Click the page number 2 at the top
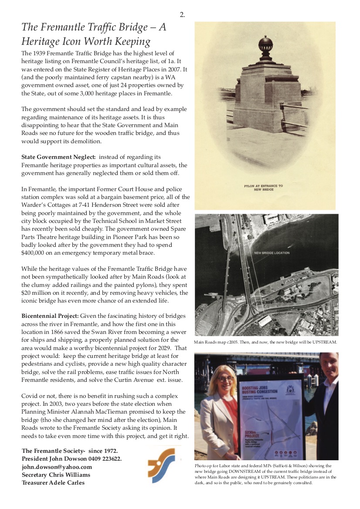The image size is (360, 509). (x=182, y=15)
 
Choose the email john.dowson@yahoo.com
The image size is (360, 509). (x=57, y=466)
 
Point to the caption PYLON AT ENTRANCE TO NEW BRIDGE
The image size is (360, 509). (x=263, y=188)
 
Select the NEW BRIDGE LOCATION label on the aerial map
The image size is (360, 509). (x=272, y=253)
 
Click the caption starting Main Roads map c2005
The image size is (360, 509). (x=266, y=342)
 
